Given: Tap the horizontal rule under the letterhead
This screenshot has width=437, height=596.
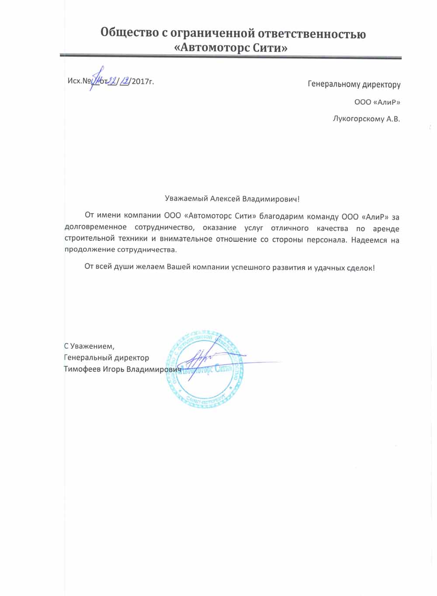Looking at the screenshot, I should (x=230, y=57).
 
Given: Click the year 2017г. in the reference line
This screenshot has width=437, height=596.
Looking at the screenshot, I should (x=142, y=81).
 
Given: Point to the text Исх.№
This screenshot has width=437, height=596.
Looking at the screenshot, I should (x=79, y=81).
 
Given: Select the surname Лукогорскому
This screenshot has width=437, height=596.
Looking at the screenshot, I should (x=358, y=118).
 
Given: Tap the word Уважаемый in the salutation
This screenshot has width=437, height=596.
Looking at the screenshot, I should (x=187, y=199).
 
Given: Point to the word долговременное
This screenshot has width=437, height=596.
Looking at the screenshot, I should (x=96, y=227).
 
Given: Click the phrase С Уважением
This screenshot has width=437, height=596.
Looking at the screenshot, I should (x=89, y=347).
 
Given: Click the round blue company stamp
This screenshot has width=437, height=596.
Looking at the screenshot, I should (x=205, y=371).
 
